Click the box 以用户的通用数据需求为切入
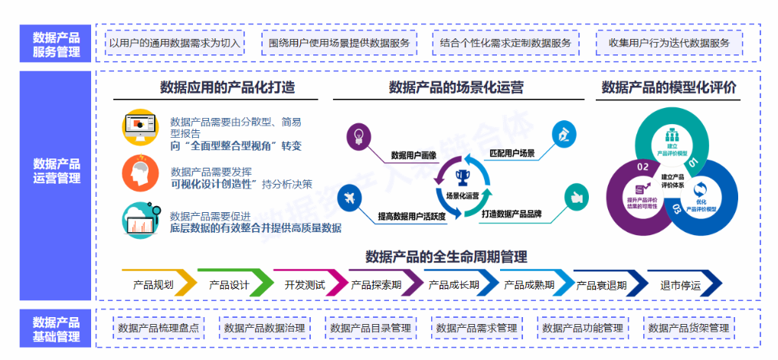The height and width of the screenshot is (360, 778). tap(175, 43)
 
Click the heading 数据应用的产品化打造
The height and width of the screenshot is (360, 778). tap(227, 87)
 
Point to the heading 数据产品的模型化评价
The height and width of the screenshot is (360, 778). tap(669, 87)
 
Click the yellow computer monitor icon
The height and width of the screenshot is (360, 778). tap(139, 129)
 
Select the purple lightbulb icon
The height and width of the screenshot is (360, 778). tap(358, 136)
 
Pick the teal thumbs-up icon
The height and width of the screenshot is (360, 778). tap(577, 197)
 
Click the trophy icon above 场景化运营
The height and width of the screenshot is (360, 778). tap(462, 178)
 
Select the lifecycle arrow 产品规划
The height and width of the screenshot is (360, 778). tap(154, 284)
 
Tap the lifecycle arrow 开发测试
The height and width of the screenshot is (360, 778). tap(305, 284)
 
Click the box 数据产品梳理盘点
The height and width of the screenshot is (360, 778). tap(159, 328)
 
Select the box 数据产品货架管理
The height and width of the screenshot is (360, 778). tap(688, 328)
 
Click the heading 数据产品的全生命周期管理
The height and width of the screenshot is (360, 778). tap(446, 257)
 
